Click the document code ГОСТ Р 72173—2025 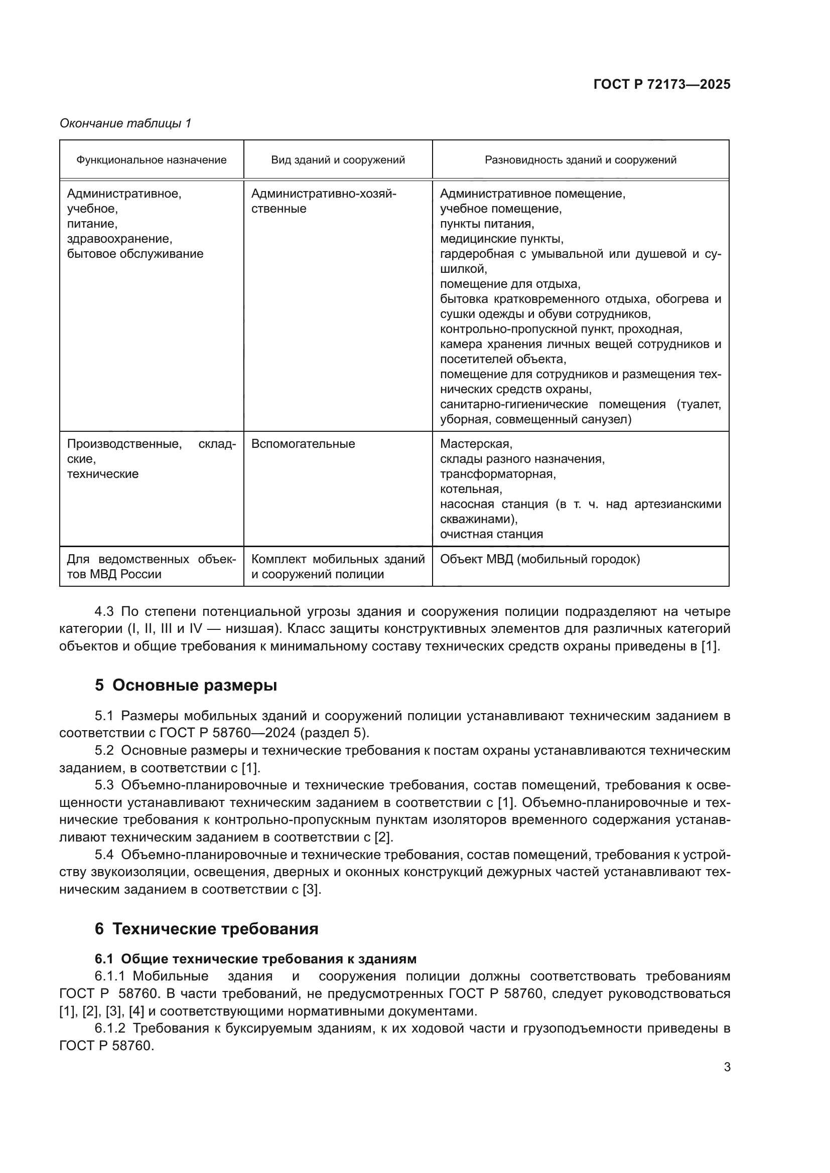662,85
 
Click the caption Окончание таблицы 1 125,123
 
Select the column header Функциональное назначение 151,160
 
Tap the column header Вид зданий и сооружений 338,160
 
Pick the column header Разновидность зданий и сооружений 581,160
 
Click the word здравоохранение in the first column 119,239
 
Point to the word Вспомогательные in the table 303,443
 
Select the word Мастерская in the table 476,443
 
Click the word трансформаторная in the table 498,473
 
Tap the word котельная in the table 471,489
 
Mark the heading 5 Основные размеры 186,685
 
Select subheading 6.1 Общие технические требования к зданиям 255,959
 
